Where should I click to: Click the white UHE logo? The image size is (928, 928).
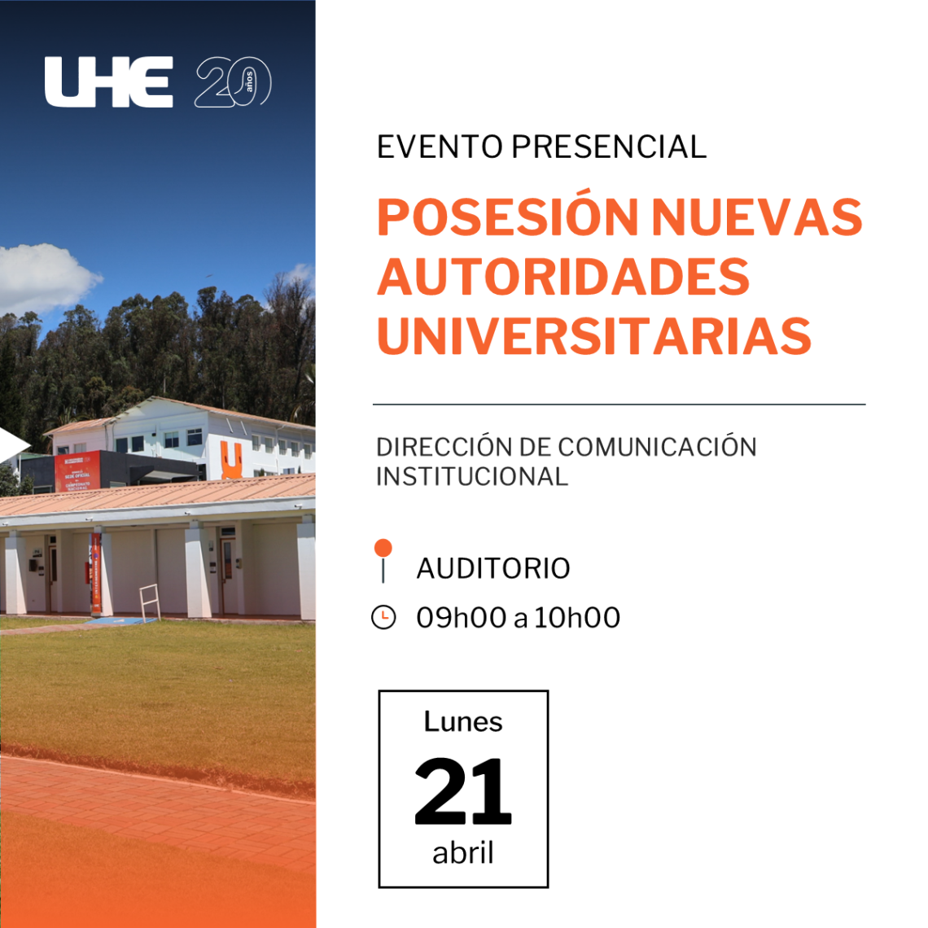click(x=109, y=81)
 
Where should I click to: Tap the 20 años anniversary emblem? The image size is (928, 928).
click(x=233, y=81)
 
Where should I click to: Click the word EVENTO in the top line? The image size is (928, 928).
click(x=440, y=147)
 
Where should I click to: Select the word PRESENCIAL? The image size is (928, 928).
click(x=609, y=147)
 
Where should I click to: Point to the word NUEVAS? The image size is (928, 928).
click(x=757, y=217)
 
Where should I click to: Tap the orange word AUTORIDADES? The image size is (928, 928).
click(x=563, y=277)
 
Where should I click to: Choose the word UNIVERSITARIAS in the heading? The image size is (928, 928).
click(x=594, y=335)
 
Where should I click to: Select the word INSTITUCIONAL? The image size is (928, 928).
click(x=472, y=476)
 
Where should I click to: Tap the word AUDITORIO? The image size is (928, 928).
click(x=493, y=568)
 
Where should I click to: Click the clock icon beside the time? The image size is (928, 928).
click(x=383, y=617)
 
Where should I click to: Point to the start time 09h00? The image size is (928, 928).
click(x=462, y=618)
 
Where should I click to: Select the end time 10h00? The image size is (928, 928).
click(x=577, y=618)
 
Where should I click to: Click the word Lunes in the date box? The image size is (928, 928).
click(x=463, y=721)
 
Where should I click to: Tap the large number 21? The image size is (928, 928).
click(x=463, y=791)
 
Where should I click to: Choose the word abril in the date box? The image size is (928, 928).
click(x=463, y=853)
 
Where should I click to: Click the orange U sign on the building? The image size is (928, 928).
click(x=231, y=460)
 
